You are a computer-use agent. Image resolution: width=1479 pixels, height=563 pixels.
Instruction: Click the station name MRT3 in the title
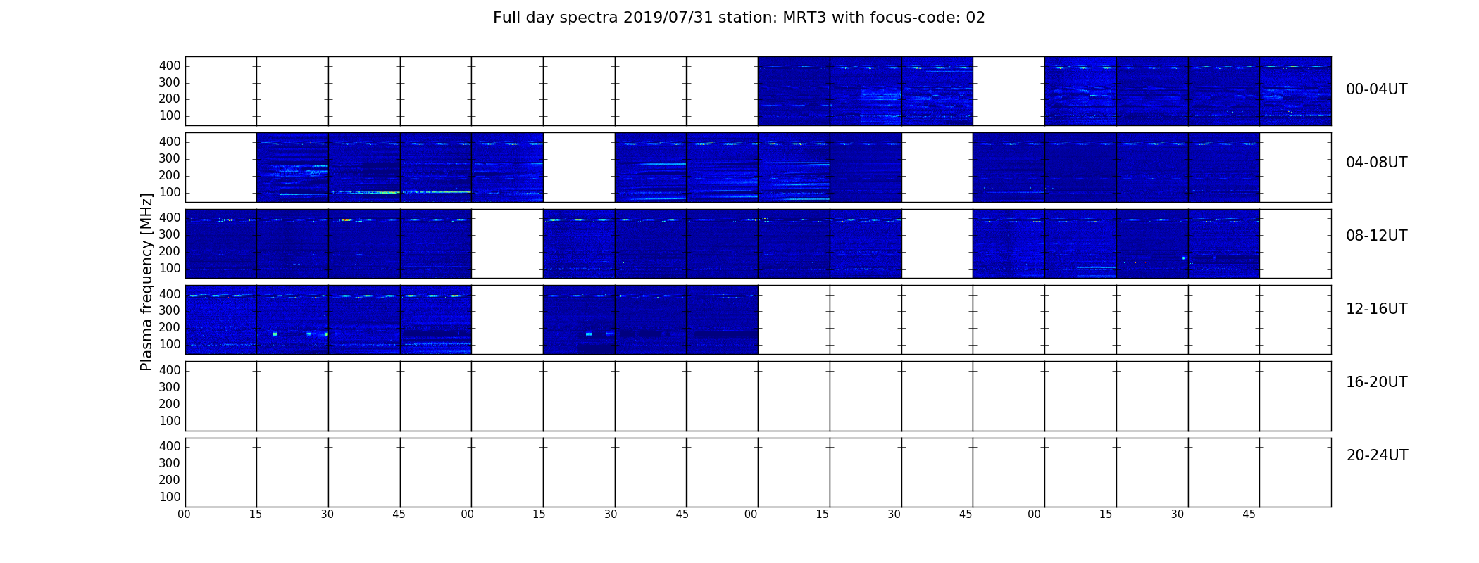pyautogui.click(x=805, y=18)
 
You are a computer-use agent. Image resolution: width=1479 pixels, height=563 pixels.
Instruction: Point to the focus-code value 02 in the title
pyautogui.click(x=975, y=18)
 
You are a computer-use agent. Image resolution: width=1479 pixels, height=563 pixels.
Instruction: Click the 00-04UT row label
pyautogui.click(x=1377, y=89)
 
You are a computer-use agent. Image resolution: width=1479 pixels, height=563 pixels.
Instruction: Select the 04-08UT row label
pyautogui.click(x=1377, y=163)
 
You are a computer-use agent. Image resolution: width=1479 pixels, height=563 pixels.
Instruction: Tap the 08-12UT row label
pyautogui.click(x=1377, y=236)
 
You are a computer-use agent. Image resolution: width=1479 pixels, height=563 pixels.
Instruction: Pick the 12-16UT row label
pyautogui.click(x=1377, y=309)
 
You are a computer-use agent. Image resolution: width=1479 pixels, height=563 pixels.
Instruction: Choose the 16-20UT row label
pyautogui.click(x=1377, y=382)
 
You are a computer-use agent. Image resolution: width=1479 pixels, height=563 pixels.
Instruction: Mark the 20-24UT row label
pyautogui.click(x=1377, y=455)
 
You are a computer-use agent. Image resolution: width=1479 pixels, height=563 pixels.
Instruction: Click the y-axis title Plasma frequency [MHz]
pyautogui.click(x=146, y=281)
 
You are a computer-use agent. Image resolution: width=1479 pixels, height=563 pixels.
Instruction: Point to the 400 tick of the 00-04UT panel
pyautogui.click(x=170, y=65)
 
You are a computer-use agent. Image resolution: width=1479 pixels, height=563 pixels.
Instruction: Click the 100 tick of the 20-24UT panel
pyautogui.click(x=170, y=497)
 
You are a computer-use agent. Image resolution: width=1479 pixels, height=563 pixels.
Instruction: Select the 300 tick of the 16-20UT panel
pyautogui.click(x=170, y=387)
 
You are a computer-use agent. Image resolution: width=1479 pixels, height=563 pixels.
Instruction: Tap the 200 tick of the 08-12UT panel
pyautogui.click(x=170, y=251)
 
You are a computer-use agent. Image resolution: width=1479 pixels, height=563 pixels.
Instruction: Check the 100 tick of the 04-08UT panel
pyautogui.click(x=170, y=192)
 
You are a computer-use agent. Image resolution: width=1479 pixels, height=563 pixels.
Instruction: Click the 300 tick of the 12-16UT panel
pyautogui.click(x=170, y=310)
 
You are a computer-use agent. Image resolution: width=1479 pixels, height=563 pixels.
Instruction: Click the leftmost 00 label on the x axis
pyautogui.click(x=184, y=514)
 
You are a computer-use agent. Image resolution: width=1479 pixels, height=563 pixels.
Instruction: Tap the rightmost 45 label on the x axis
pyautogui.click(x=1249, y=514)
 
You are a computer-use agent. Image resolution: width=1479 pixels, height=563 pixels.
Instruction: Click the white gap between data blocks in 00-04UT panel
pyautogui.click(x=1009, y=91)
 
